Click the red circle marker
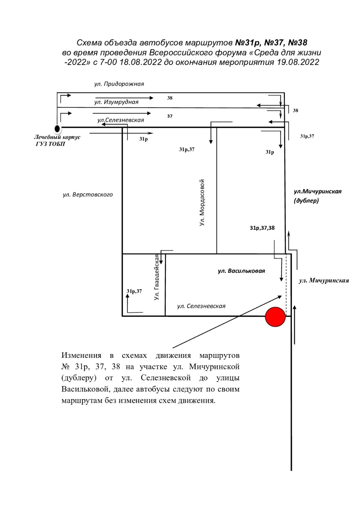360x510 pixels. pyautogui.click(x=275, y=317)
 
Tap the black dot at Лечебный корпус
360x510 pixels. pyautogui.click(x=57, y=129)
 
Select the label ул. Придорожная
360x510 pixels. pyautogui.click(x=119, y=84)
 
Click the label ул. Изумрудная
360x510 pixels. pyautogui.click(x=116, y=102)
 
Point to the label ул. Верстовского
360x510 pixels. pyautogui.click(x=88, y=195)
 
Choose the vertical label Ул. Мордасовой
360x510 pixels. pyautogui.click(x=202, y=203)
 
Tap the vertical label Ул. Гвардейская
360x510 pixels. pyautogui.click(x=156, y=277)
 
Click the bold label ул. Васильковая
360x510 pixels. pyautogui.click(x=242, y=271)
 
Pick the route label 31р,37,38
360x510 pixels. pyautogui.click(x=262, y=228)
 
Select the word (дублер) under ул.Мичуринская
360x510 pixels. pyautogui.click(x=306, y=201)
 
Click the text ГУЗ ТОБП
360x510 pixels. pyautogui.click(x=50, y=144)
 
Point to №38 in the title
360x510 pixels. pyautogui.click(x=298, y=43)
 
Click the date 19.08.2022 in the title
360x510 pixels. pyautogui.click(x=298, y=62)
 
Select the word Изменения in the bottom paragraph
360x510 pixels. pyautogui.click(x=81, y=355)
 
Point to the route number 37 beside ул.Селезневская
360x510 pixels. pyautogui.click(x=170, y=116)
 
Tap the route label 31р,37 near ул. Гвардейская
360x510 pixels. pyautogui.click(x=134, y=291)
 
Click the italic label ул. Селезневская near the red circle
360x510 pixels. pyautogui.click(x=201, y=306)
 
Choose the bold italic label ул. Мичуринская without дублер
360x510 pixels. pyautogui.click(x=324, y=281)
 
